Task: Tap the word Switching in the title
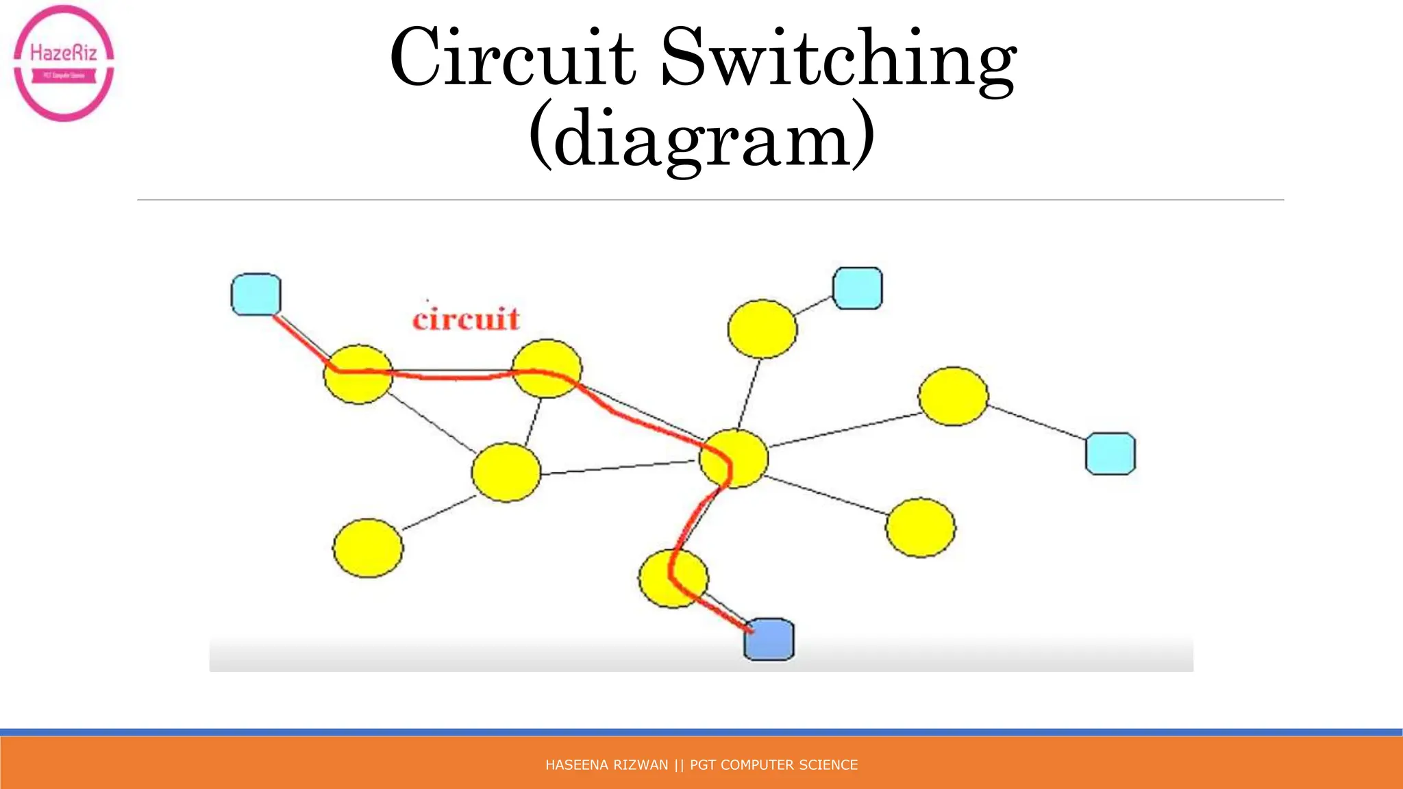[837, 60]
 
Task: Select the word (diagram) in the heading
[701, 137]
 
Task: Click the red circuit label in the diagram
[466, 319]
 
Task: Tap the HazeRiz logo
[64, 63]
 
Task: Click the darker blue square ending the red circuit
[769, 640]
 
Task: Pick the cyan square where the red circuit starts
[256, 295]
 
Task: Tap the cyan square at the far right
[1110, 453]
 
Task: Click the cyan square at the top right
[857, 288]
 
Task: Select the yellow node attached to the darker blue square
[673, 578]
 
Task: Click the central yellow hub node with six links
[734, 458]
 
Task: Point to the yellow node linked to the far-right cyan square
[953, 396]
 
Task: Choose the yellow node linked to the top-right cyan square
[762, 329]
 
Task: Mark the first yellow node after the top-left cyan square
[358, 374]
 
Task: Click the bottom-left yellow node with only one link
[368, 548]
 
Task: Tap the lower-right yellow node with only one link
[920, 527]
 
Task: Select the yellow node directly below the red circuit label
[547, 368]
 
